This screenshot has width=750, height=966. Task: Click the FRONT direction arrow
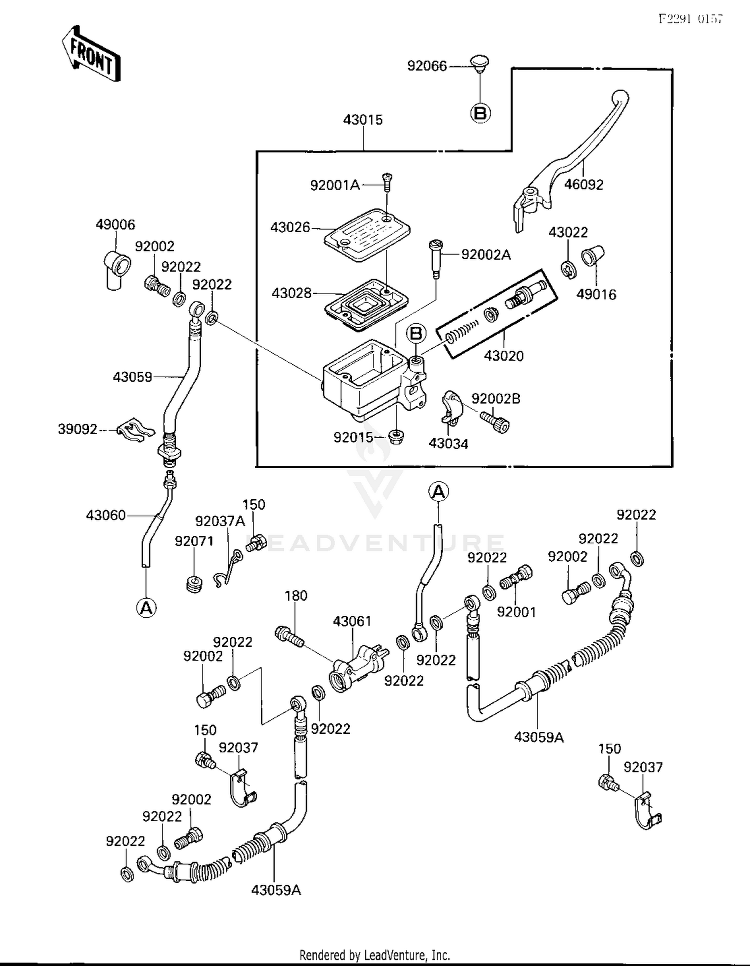(91, 54)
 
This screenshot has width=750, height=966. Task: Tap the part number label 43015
(362, 120)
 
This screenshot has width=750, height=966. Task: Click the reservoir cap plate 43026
(366, 235)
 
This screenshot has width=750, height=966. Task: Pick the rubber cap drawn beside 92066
(479, 64)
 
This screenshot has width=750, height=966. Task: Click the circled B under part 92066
(480, 114)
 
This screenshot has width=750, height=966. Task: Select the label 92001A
(334, 186)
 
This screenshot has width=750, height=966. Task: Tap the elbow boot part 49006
(116, 269)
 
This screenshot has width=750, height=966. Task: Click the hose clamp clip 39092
(135, 431)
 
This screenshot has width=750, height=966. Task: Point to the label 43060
(105, 515)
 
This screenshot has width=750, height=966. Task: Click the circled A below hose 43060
(146, 608)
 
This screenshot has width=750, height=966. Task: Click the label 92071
(193, 541)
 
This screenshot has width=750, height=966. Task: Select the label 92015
(353, 438)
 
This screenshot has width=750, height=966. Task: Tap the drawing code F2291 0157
(689, 19)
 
